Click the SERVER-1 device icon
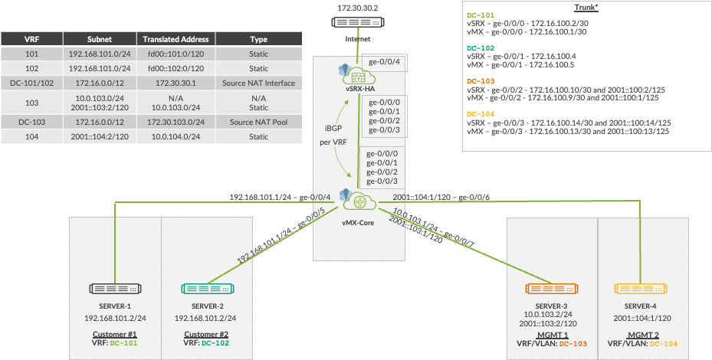(x=113, y=289)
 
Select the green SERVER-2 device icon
(x=205, y=289)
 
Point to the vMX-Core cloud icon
(x=357, y=201)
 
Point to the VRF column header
(x=31, y=40)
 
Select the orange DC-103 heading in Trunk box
(x=482, y=80)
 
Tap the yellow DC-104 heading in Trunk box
(x=482, y=113)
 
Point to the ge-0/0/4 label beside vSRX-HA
(x=382, y=61)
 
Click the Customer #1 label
(x=114, y=334)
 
